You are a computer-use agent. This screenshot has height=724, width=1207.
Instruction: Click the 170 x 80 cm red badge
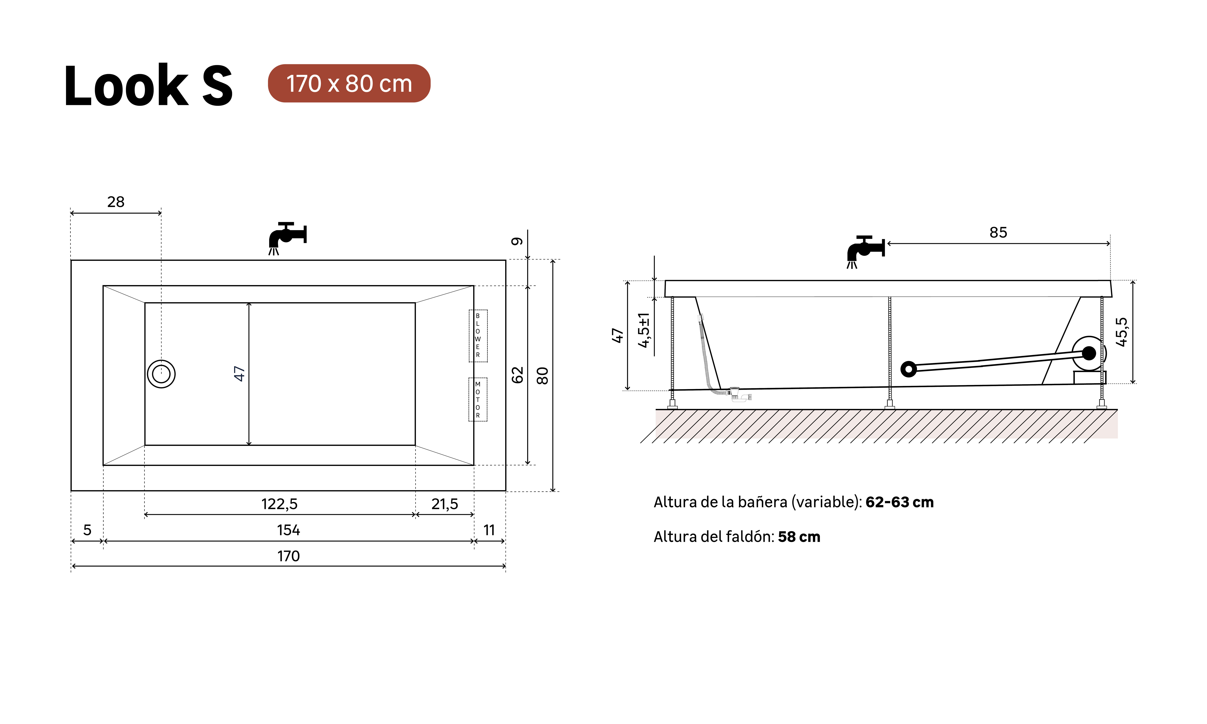[349, 83]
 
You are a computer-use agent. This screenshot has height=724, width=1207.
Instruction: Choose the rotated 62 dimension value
[517, 375]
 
